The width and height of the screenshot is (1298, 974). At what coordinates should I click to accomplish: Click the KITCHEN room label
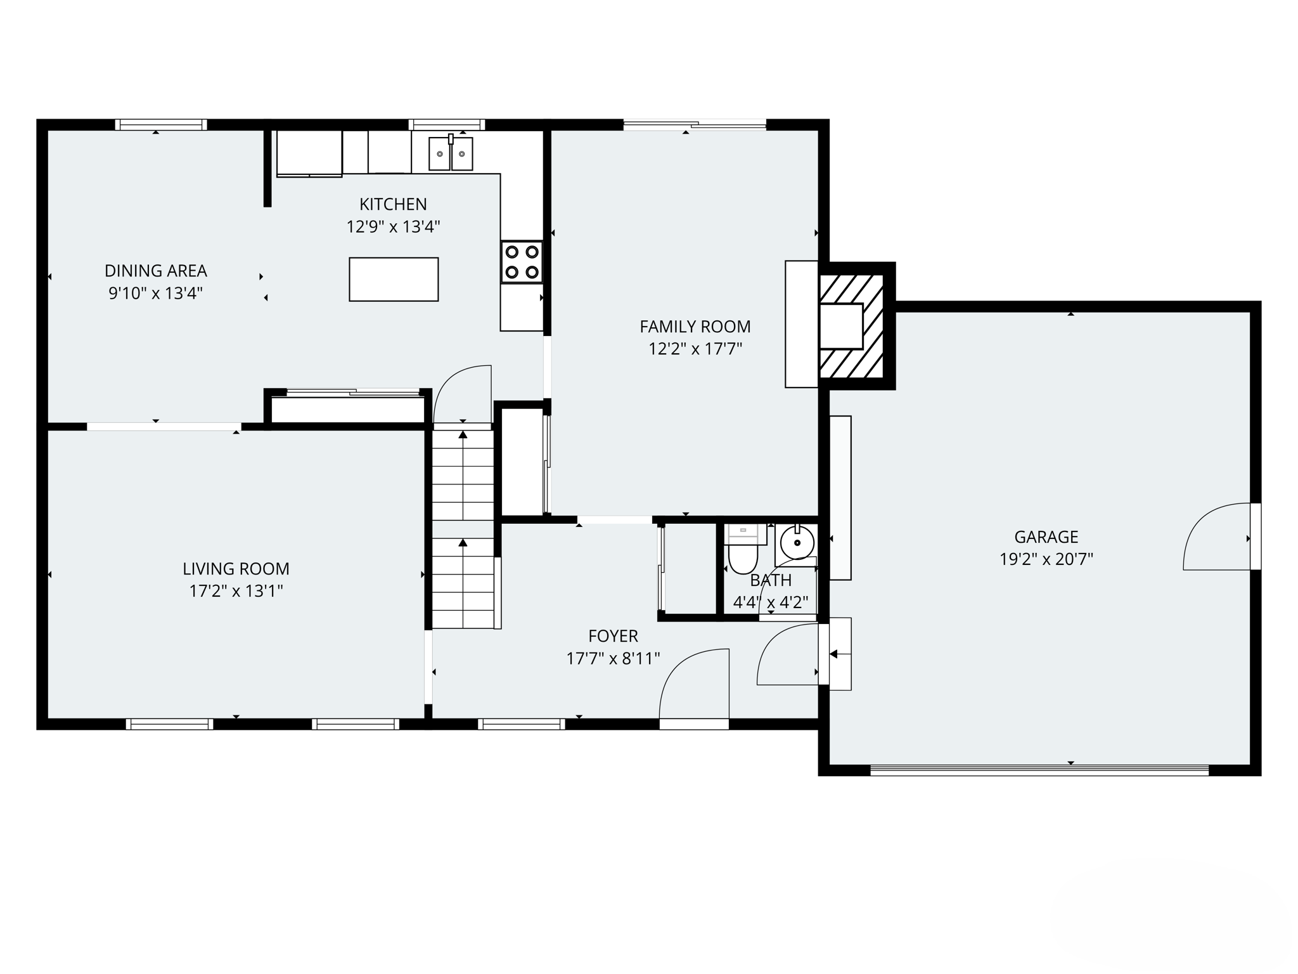pyautogui.click(x=393, y=204)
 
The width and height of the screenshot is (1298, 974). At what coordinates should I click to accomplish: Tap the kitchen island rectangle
pyautogui.click(x=394, y=279)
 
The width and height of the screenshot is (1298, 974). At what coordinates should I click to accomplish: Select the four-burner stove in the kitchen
pyautogui.click(x=522, y=261)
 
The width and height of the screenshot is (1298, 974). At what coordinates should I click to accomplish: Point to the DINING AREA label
pyautogui.click(x=156, y=271)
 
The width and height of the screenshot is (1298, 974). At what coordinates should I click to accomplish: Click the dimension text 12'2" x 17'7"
pyautogui.click(x=695, y=349)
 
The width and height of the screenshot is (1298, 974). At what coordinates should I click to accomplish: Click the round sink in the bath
pyautogui.click(x=797, y=543)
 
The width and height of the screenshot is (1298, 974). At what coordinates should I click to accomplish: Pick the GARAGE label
pyautogui.click(x=1046, y=537)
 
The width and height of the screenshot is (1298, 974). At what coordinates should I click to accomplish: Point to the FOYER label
pyautogui.click(x=613, y=636)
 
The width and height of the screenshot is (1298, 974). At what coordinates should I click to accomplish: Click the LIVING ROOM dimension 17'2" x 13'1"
pyautogui.click(x=236, y=591)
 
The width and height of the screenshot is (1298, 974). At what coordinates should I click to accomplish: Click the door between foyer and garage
pyautogui.click(x=788, y=653)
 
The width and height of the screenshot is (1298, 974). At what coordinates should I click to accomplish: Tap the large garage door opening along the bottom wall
pyautogui.click(x=1039, y=770)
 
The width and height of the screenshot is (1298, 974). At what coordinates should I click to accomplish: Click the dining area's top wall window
pyautogui.click(x=161, y=125)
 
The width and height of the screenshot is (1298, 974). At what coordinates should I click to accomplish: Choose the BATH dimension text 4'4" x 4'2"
pyautogui.click(x=770, y=602)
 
